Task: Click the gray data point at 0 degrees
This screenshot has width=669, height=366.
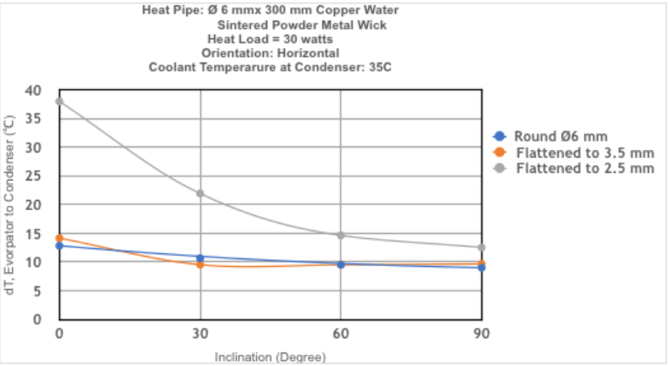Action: (59, 102)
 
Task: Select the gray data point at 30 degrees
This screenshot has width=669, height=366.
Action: (200, 193)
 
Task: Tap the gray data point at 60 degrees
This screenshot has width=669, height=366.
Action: (341, 235)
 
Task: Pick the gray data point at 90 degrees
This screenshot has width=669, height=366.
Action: (482, 247)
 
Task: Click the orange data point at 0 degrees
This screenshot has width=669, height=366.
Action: (59, 238)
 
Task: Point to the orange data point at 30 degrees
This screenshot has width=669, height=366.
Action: (200, 264)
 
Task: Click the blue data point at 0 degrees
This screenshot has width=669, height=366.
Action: (59, 246)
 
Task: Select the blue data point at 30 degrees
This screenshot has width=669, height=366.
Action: (200, 258)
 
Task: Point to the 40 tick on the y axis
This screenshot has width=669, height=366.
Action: (33, 91)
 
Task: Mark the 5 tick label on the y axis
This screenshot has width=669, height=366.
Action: (38, 291)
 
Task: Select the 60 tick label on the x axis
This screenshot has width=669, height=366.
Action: (341, 332)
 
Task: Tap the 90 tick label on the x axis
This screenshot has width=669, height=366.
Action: (482, 332)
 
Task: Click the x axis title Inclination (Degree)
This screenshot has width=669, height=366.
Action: (270, 358)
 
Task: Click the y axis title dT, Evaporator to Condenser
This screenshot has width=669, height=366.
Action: (10, 205)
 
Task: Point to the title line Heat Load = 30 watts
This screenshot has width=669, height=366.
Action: (270, 38)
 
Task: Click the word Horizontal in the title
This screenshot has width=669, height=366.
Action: (298, 53)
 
